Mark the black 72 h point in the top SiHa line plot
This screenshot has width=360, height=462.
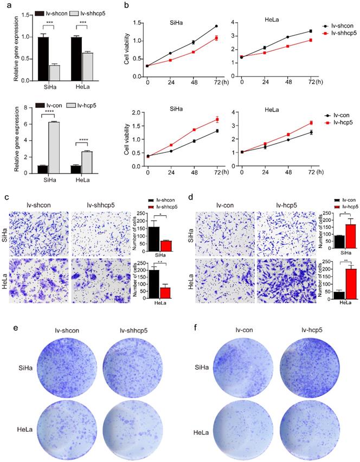(x=216, y=26)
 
